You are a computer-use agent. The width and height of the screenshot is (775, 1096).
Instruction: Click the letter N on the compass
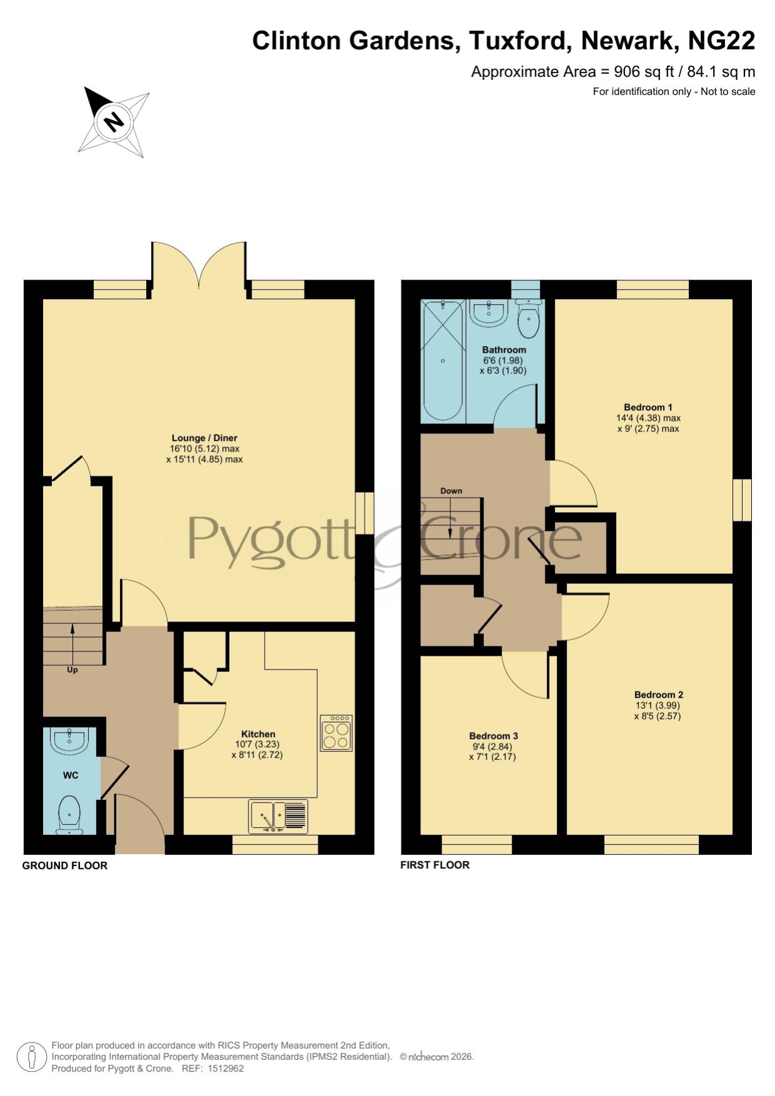pos(114,121)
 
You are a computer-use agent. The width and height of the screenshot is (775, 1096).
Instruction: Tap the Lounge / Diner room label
pos(205,438)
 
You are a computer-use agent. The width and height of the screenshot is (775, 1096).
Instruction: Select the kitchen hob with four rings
pos(336,733)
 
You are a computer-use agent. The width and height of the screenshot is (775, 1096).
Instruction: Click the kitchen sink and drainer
pos(278,816)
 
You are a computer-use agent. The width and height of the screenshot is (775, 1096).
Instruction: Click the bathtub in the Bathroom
pos(443,360)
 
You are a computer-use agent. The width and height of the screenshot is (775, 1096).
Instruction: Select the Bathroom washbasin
pos(488,312)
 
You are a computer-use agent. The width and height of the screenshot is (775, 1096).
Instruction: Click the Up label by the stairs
pos(72,670)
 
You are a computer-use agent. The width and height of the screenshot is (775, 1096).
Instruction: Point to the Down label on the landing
pos(451,491)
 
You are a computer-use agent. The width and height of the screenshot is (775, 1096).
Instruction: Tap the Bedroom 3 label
pos(493,736)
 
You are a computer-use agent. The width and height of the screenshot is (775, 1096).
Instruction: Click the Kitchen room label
pos(258,734)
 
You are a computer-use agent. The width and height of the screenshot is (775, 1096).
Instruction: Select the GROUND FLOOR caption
pos(65,866)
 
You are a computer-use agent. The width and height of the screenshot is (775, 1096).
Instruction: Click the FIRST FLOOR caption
pos(435,865)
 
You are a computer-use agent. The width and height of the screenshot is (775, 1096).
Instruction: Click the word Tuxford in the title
pos(518,41)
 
